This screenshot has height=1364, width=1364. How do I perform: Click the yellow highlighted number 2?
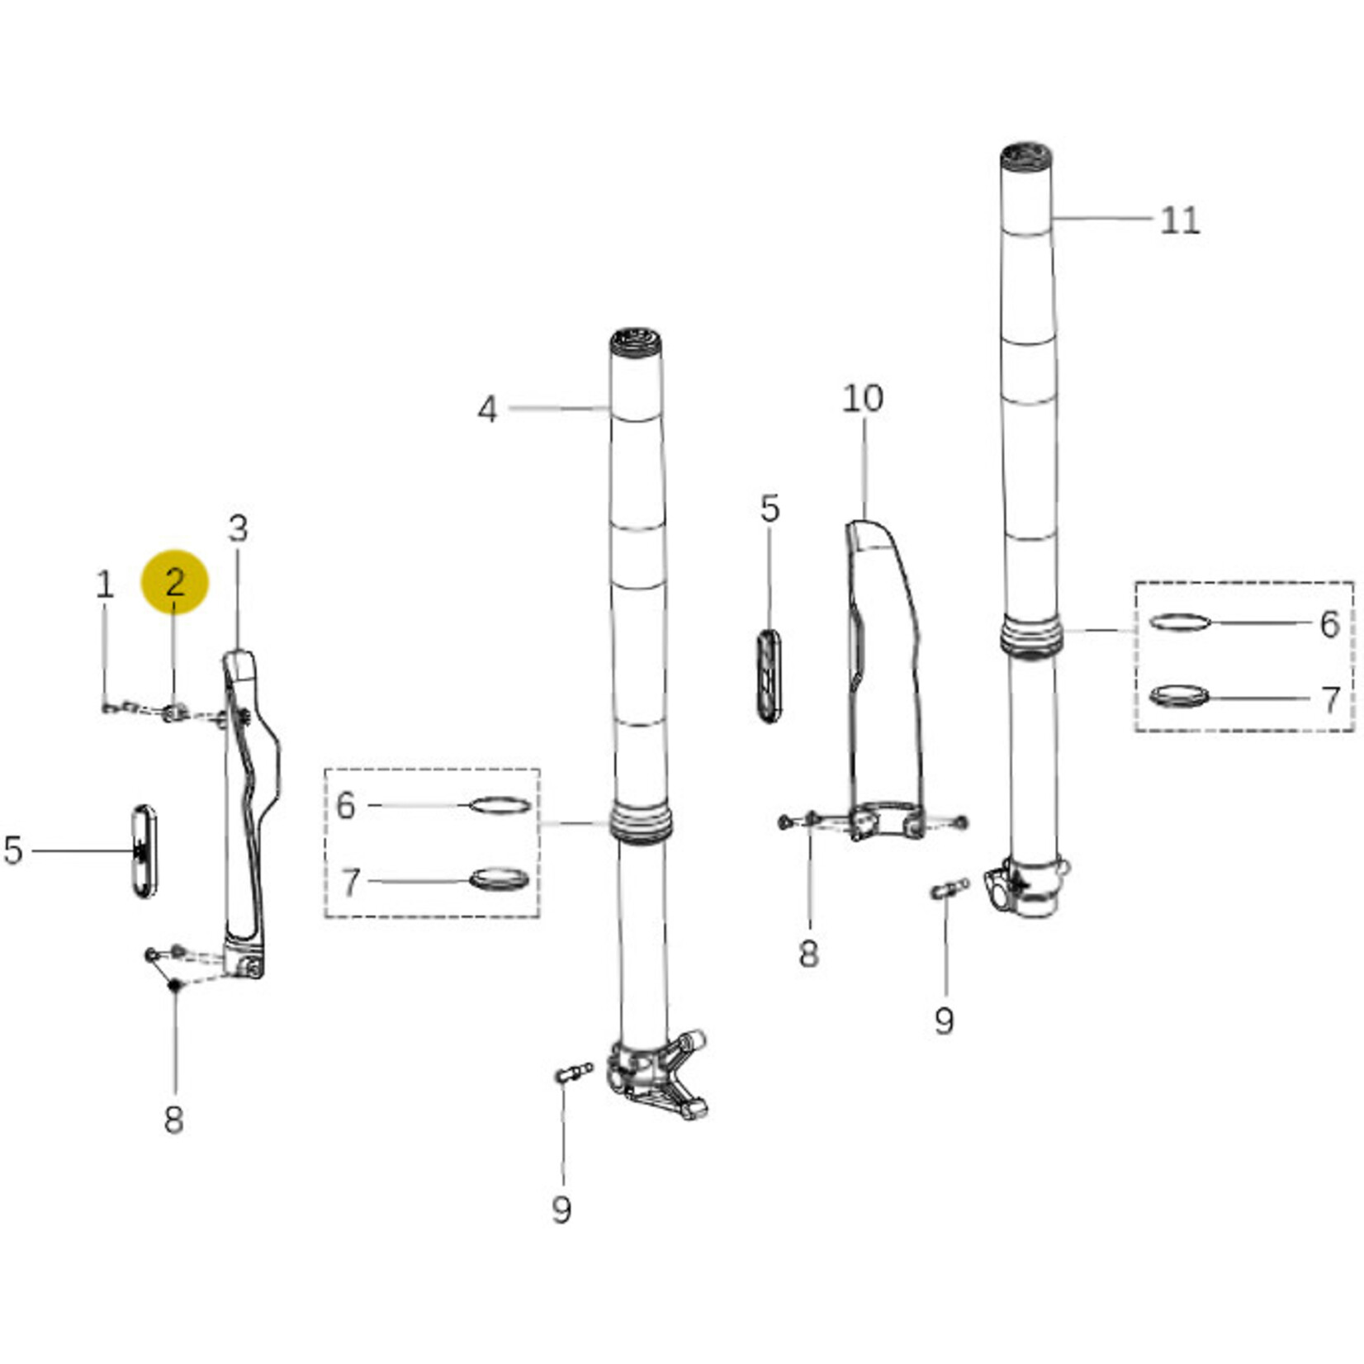tap(175, 583)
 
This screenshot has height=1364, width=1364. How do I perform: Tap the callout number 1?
tap(104, 585)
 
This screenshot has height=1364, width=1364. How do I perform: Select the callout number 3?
tap(238, 528)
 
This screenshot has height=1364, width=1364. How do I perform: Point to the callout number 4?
tap(487, 410)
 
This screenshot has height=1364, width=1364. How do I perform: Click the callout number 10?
tap(863, 399)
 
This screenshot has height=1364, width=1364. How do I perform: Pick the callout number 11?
tap(1180, 220)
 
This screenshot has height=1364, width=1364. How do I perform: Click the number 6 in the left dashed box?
tap(346, 805)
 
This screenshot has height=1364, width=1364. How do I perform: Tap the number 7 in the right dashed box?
tap(1330, 700)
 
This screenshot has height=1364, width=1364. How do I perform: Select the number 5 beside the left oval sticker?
tap(13, 850)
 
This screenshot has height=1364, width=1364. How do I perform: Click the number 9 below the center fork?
tap(561, 1210)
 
